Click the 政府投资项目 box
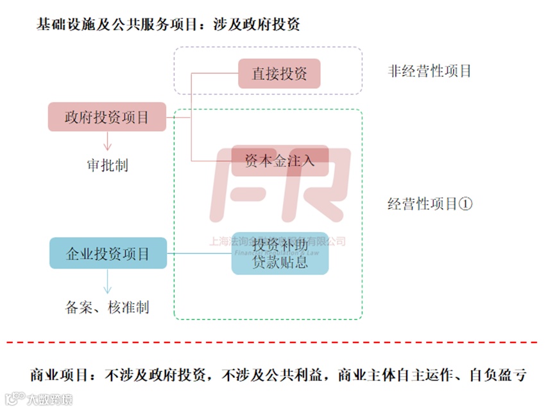click(107, 117)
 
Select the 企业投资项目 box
click(108, 253)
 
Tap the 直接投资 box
click(279, 73)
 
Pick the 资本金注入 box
click(280, 161)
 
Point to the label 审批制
click(107, 165)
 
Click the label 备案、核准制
click(107, 307)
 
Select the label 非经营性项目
click(430, 71)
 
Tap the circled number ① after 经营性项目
click(466, 204)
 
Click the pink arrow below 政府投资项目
click(107, 141)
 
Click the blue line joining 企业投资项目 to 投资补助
click(199, 253)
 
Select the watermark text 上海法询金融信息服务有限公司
click(278, 242)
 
